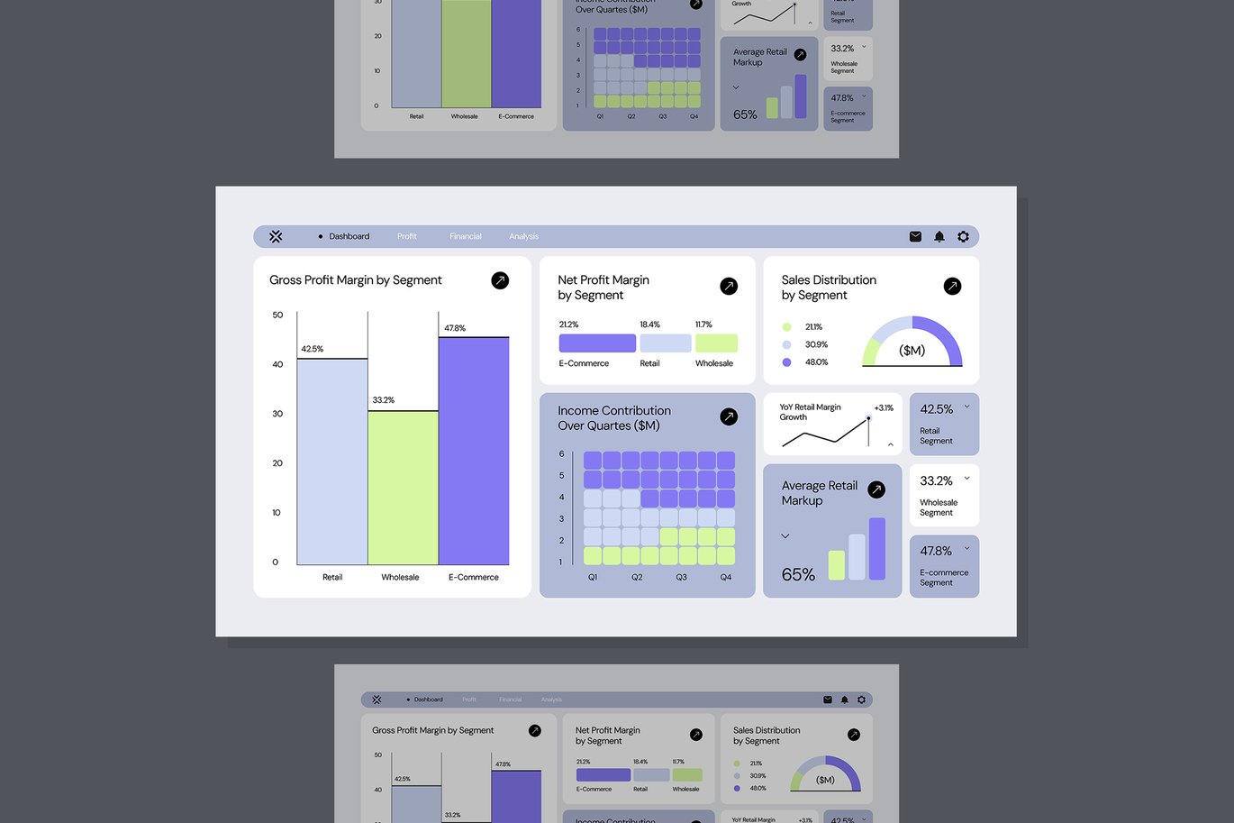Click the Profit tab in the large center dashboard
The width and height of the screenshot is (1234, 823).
(x=407, y=236)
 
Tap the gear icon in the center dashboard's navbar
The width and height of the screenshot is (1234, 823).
(x=963, y=236)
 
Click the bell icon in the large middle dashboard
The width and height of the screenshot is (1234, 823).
(x=939, y=236)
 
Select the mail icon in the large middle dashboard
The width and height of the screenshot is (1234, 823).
(x=915, y=236)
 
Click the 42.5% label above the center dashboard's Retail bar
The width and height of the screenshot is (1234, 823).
(x=313, y=349)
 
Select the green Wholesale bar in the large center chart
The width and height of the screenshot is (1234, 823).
(x=403, y=487)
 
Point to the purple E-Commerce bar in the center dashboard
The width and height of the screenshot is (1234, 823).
(x=474, y=451)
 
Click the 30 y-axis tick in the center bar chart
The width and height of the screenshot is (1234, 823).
(x=277, y=414)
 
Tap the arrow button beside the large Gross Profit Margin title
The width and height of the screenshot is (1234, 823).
(x=500, y=280)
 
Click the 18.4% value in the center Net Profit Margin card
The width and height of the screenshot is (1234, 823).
(x=649, y=325)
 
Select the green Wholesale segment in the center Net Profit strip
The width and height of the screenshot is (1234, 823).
(x=716, y=343)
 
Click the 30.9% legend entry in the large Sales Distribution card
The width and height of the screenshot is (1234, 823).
(x=816, y=344)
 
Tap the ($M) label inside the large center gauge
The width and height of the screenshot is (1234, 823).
(x=912, y=351)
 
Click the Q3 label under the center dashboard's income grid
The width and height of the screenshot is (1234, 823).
(x=681, y=577)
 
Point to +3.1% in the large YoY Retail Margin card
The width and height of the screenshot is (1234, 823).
(x=884, y=408)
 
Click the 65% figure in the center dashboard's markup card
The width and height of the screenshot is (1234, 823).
(x=798, y=574)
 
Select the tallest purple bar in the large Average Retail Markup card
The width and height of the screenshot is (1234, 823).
(x=877, y=548)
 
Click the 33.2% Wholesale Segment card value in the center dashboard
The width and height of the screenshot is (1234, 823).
(x=936, y=481)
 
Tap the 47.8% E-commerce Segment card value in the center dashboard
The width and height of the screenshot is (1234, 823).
(x=936, y=551)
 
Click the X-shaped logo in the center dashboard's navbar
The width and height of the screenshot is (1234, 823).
(x=276, y=236)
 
